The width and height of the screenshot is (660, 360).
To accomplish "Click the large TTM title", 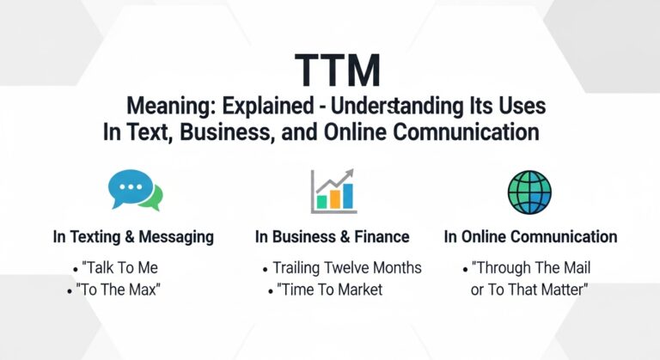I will coord(330,70).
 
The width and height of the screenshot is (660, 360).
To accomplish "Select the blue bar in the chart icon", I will coord(348,195).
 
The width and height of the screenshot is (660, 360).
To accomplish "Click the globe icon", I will coord(529,191).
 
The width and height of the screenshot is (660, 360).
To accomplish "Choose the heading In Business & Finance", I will coord(332,236).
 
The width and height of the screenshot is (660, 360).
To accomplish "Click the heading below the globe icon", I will coord(530,236).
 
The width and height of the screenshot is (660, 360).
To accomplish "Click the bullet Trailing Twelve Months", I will coord(346,267).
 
